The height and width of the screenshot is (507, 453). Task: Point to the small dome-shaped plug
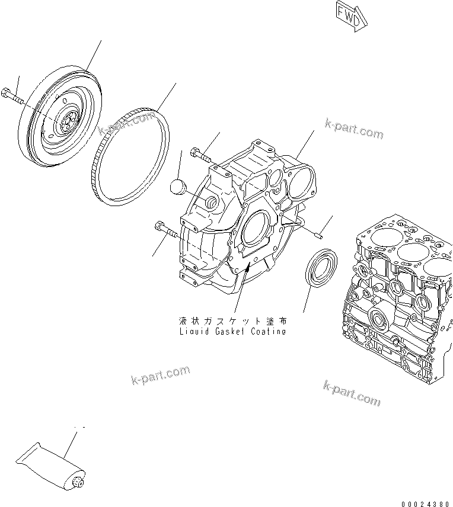click(178, 186)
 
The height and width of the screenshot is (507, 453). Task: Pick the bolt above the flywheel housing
click(200, 156)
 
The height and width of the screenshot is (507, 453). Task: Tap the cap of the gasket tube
click(77, 484)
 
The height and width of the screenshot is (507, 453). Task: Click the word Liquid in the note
click(192, 332)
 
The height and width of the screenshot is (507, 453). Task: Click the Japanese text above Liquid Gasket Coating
click(232, 320)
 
